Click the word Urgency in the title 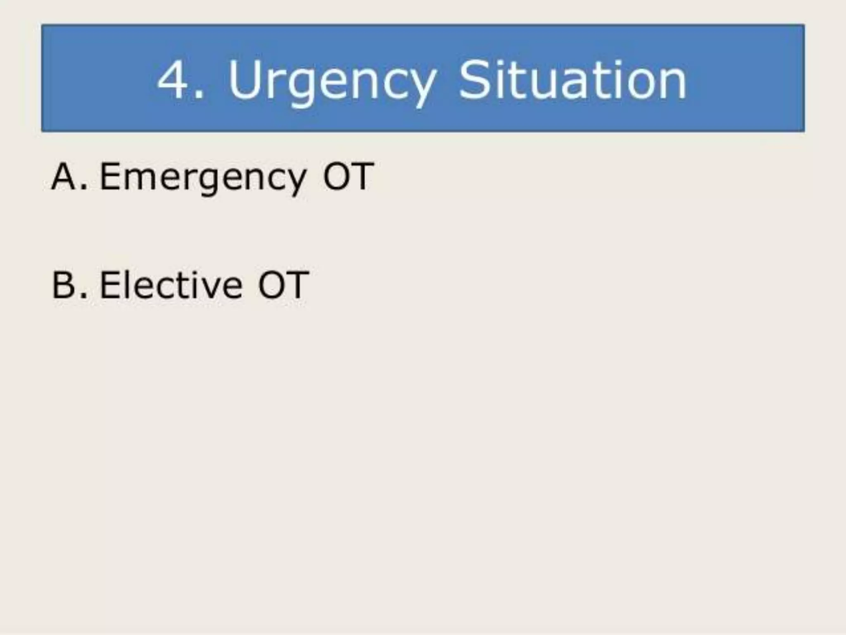pos(332,81)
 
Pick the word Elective pos(171,285)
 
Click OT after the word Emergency pos(348,177)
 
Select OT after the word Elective pos(283,285)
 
